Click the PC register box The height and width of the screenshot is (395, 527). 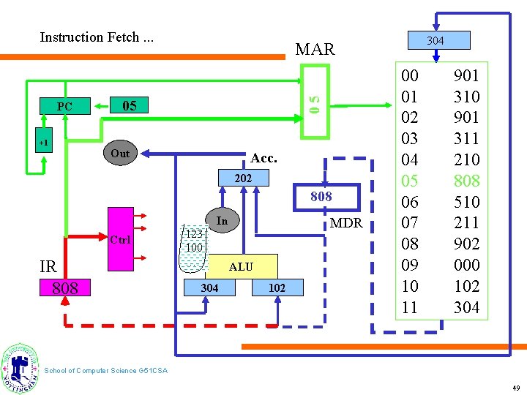tap(64, 107)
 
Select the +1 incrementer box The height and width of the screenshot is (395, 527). tap(44, 143)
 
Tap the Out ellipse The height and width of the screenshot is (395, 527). tap(120, 153)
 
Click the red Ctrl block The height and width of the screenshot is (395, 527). tap(121, 240)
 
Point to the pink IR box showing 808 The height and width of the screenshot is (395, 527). tap(65, 288)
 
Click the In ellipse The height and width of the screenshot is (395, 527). tap(222, 221)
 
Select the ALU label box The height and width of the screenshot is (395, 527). tap(241, 266)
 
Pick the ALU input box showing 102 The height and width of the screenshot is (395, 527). tap(277, 288)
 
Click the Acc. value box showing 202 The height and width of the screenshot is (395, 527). tap(243, 178)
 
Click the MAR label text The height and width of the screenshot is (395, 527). tap(315, 50)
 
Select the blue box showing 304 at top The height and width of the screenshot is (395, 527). tap(435, 40)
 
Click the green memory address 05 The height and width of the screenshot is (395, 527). tap(410, 180)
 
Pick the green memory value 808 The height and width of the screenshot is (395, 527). tap(466, 180)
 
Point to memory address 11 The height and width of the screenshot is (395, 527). tap(410, 307)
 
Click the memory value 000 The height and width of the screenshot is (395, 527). tap(466, 265)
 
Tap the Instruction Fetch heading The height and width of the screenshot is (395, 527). tap(97, 37)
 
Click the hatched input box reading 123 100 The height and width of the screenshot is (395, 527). tap(193, 240)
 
